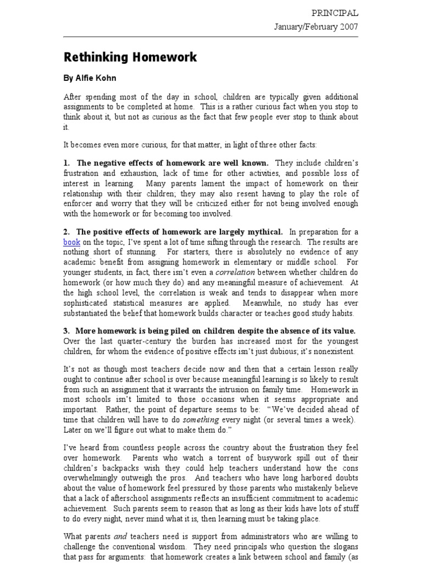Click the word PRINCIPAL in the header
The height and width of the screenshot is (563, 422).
pos(335,13)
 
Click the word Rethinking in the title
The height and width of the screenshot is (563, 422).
pos(95,57)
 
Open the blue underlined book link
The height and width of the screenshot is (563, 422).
pos(71,242)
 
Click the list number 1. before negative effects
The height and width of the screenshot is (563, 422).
pos(67,163)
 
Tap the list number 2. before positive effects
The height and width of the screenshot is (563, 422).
pos(67,232)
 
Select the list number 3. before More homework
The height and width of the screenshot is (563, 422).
pos(67,331)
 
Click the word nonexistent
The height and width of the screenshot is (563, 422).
pos(330,351)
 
